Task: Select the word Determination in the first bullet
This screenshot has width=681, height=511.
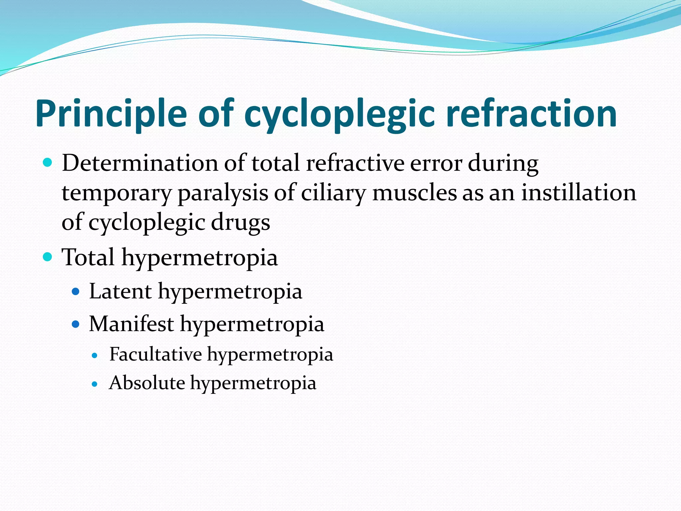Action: [140, 164]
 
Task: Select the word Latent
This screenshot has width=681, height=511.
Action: [120, 291]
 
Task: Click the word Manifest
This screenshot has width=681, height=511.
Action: [131, 324]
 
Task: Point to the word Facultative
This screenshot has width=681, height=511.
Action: [155, 354]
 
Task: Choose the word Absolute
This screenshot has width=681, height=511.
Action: [147, 383]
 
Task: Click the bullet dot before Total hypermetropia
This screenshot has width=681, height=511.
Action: [48, 257]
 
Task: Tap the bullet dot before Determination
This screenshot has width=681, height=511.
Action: [48, 163]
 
